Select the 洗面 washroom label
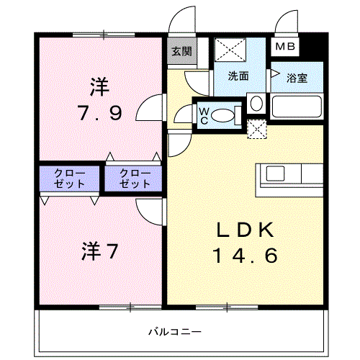pyautogui.click(x=239, y=76)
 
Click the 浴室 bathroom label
pyautogui.click(x=296, y=77)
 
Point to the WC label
pyautogui.click(x=204, y=114)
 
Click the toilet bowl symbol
pyautogui.click(x=225, y=114)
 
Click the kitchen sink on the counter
pyautogui.click(x=277, y=174)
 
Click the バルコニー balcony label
pyautogui.click(x=175, y=331)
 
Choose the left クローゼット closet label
pyautogui.click(x=70, y=179)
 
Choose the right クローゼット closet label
pyautogui.click(x=135, y=179)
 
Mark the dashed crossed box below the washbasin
pyautogui.click(x=256, y=128)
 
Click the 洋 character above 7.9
pyautogui.click(x=100, y=87)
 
